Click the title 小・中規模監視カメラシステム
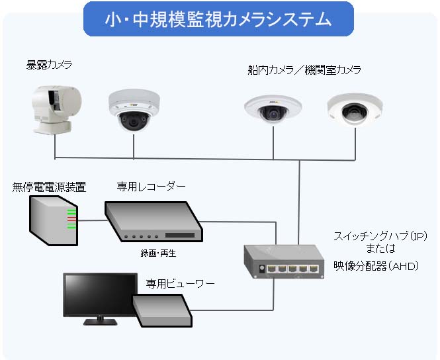[x=219, y=19]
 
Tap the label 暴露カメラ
[x=50, y=65]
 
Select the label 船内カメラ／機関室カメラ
[x=304, y=69]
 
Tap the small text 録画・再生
[x=159, y=253]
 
